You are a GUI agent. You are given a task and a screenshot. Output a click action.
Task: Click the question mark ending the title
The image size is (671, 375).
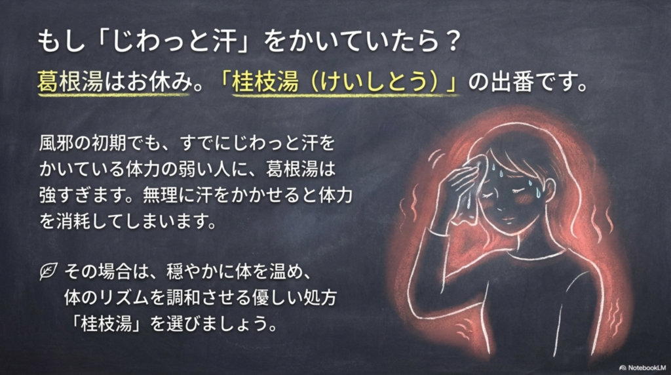pos(451,41)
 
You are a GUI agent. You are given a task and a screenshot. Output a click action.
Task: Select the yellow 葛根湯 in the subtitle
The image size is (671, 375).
pos(71,81)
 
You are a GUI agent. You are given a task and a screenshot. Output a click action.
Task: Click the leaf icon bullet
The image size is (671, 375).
pos(48,271)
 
